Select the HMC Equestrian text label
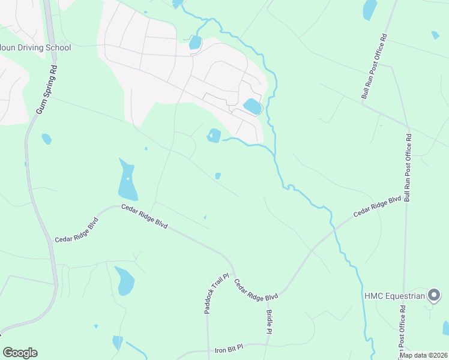(394, 296)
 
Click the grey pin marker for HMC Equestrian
(433, 295)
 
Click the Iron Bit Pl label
(229, 348)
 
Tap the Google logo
(20, 353)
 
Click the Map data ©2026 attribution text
(423, 355)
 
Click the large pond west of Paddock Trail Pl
(125, 281)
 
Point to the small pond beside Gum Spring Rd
(46, 139)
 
